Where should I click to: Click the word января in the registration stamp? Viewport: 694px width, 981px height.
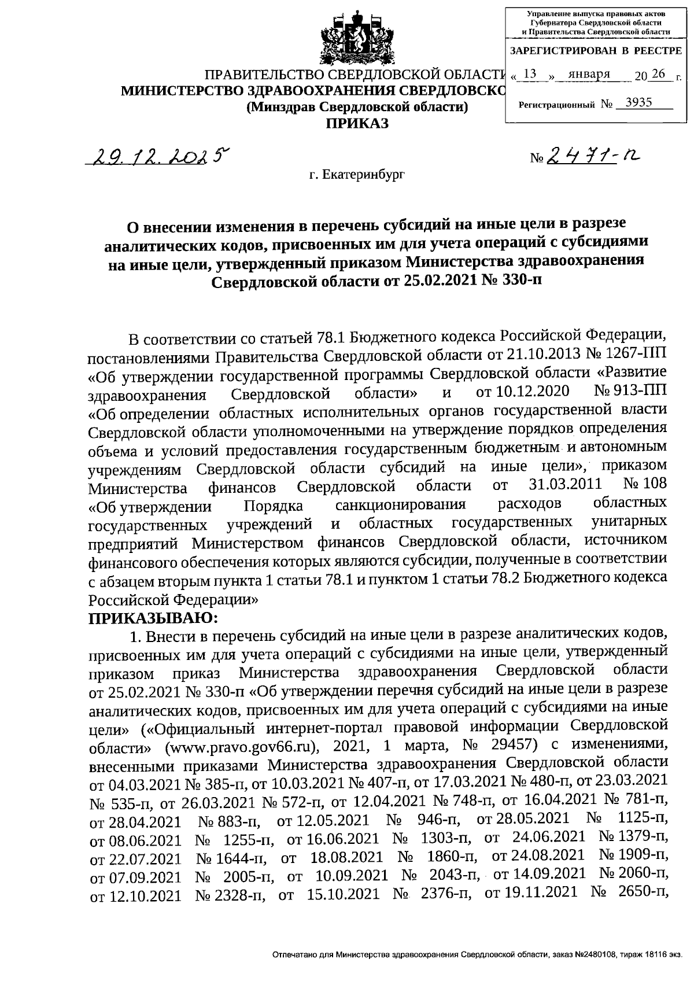[589, 74]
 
